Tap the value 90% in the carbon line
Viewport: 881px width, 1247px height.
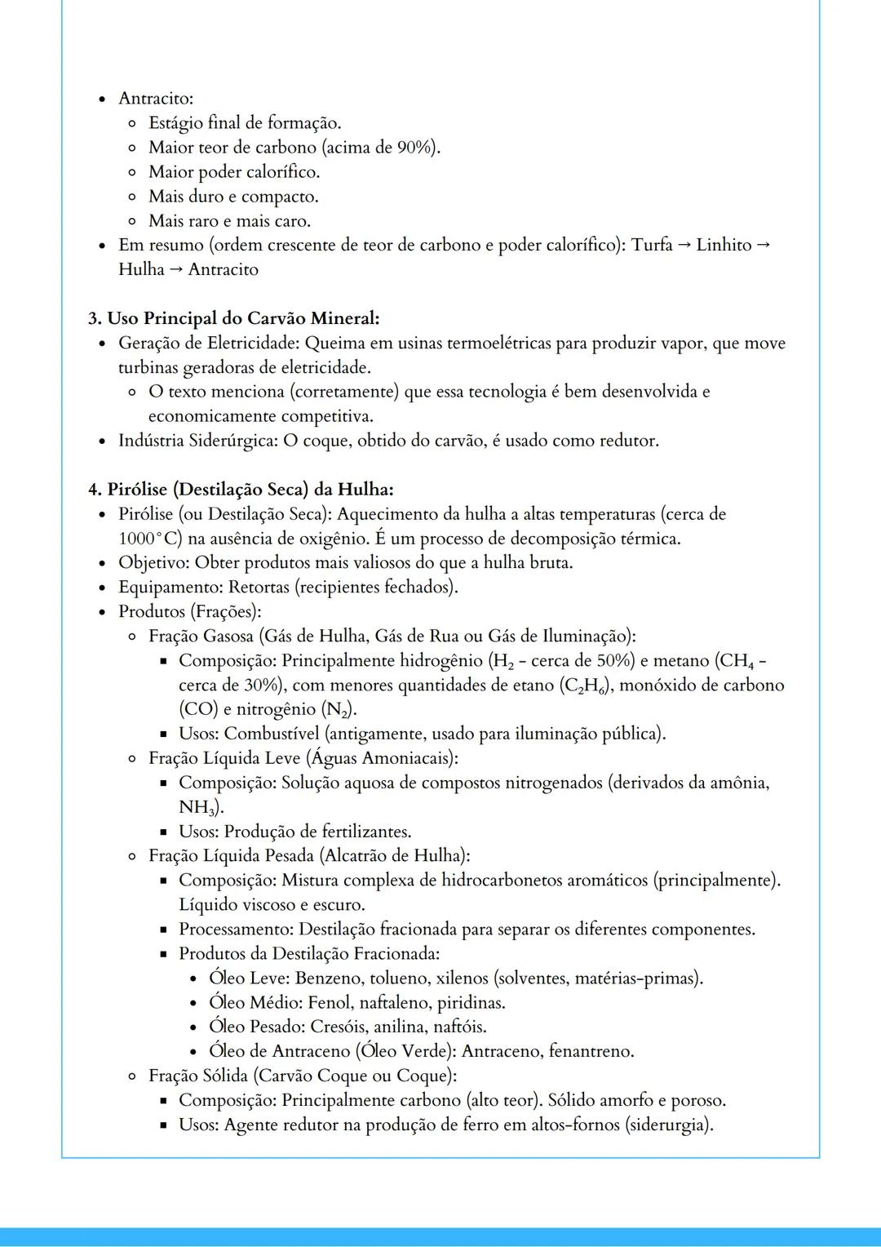click(415, 148)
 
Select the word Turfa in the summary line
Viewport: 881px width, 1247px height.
click(652, 245)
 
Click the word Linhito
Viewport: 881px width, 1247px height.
click(724, 245)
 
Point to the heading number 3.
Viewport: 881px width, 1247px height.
click(95, 318)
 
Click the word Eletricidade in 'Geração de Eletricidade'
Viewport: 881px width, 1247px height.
click(252, 343)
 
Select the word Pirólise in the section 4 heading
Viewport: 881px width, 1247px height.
click(138, 490)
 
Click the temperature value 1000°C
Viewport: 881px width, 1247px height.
click(150, 539)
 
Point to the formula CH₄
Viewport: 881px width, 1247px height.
click(737, 661)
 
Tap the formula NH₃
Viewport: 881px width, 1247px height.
click(197, 808)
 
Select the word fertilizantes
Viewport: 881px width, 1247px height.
click(365, 832)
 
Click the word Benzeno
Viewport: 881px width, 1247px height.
click(329, 979)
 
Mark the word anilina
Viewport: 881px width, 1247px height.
click(400, 1027)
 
